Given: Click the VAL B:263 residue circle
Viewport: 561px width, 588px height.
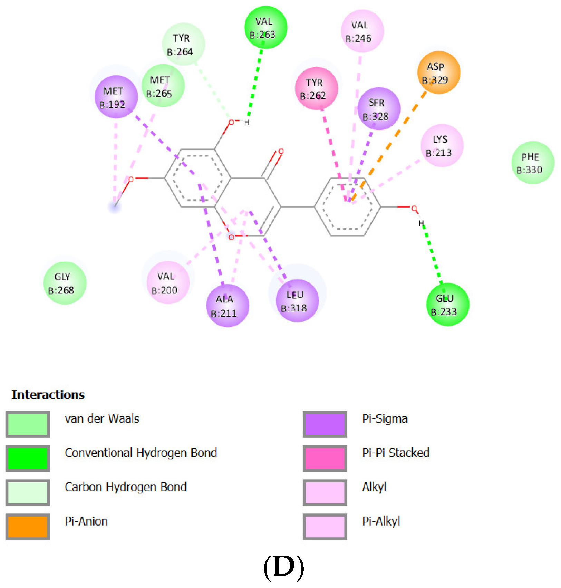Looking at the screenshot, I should pos(265,28).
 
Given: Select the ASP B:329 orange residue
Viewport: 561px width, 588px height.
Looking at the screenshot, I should pos(438,73).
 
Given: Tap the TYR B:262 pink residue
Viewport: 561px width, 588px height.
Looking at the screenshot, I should pos(316,89).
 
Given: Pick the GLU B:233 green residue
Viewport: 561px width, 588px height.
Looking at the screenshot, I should pos(447,305).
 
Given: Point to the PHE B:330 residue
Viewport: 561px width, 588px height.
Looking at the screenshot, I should pos(532,163).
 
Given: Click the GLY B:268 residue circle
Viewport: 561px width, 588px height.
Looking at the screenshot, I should pos(65,283).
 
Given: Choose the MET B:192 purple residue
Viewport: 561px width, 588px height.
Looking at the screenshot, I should pos(116,97).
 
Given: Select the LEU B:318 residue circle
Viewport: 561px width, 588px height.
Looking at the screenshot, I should pos(297,301).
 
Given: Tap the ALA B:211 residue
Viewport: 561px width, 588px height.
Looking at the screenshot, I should pos(227,306).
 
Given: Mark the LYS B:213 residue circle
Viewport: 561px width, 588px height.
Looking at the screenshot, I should pos(442,146).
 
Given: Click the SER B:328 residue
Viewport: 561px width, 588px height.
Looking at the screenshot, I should pos(378,109).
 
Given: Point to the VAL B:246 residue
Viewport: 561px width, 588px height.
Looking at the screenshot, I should pos(362,31).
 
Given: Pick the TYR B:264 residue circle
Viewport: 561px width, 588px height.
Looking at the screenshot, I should pos(183,45).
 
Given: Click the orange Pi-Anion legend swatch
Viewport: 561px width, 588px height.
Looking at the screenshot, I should pos(28,527).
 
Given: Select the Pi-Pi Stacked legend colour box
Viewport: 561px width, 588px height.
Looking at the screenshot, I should pos(325,458).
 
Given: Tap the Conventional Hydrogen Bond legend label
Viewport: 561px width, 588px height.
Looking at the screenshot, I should pos(141,453).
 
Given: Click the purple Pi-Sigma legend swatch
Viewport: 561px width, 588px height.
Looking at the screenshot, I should pos(325,424).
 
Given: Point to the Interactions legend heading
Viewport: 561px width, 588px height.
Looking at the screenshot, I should pos(48,395).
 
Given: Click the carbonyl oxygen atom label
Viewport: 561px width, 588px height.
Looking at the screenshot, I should pos(281,151).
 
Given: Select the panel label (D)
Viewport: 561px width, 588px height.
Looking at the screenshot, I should pos(283,567).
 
